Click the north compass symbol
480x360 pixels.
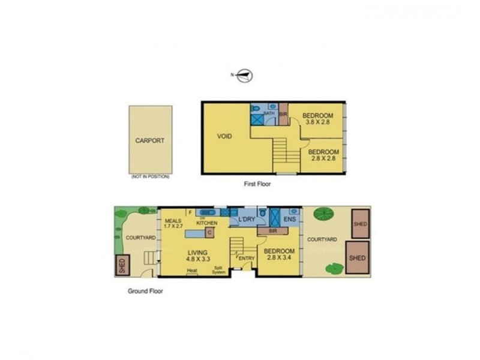coord(245,75)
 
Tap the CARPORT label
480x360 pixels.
coord(149,142)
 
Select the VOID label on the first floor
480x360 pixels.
coord(226,136)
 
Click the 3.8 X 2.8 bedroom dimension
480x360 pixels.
coord(317,122)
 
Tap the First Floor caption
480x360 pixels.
coord(257,184)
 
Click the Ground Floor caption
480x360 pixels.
coord(145,291)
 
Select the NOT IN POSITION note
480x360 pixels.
coord(150,177)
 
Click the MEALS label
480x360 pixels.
coord(173,220)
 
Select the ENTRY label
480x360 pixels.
coord(246,259)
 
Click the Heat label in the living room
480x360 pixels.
coord(192,271)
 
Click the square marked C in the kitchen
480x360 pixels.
coord(210,232)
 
